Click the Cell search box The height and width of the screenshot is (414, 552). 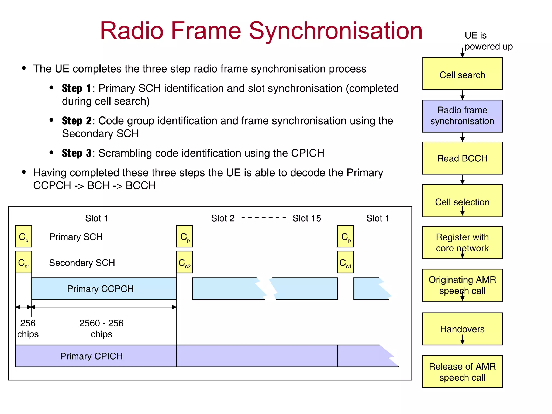click(x=462, y=74)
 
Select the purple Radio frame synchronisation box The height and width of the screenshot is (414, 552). click(x=462, y=116)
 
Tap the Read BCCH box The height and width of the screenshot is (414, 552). click(x=462, y=158)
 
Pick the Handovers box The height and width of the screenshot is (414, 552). click(x=462, y=329)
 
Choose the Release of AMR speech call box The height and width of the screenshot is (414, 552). click(x=462, y=371)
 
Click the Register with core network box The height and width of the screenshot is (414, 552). click(x=462, y=243)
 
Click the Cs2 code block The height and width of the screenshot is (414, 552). click(x=184, y=262)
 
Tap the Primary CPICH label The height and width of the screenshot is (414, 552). click(x=91, y=356)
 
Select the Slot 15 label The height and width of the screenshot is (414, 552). click(x=307, y=218)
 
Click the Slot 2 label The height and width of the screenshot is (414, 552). click(x=223, y=218)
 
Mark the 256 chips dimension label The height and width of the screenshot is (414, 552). click(x=28, y=328)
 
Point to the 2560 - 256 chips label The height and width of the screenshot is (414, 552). click(x=101, y=328)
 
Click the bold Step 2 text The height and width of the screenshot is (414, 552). click(x=77, y=121)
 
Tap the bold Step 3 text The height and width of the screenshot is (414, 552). click(x=77, y=153)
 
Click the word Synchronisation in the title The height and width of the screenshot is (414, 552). click(x=335, y=31)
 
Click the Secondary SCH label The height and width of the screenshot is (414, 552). click(x=82, y=263)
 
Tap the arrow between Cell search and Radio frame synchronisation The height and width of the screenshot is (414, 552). click(x=462, y=95)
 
